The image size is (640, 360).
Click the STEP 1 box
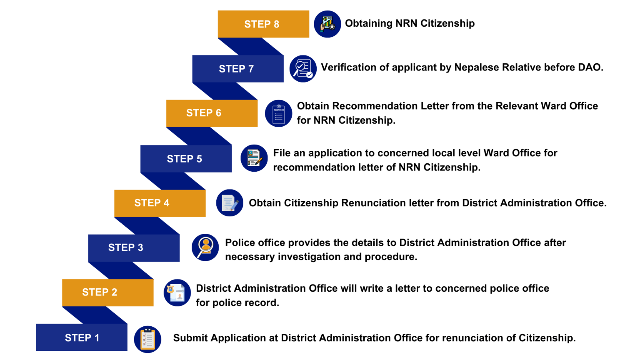(82, 337)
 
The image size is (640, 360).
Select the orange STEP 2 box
(107, 292)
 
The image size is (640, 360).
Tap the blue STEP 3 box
(134, 248)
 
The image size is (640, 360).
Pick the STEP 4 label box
(160, 203)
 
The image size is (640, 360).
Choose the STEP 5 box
(186, 159)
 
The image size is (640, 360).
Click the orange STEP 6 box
(212, 113)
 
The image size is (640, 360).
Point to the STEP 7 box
(238, 69)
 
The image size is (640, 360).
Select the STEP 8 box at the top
(263, 24)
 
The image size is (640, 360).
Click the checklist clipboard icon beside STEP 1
(147, 339)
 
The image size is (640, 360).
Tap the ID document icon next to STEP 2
(177, 292)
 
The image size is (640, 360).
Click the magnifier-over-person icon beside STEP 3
(205, 247)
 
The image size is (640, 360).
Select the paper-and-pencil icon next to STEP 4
(230, 203)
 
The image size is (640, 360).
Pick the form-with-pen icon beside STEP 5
(254, 158)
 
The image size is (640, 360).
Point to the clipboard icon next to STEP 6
(279, 113)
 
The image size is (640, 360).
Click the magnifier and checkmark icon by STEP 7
(303, 69)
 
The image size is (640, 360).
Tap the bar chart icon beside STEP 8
(327, 24)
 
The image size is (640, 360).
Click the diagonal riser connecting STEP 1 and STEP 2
(95, 315)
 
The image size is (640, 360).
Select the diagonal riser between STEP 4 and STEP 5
(173, 181)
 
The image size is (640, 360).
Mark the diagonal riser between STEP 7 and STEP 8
(251, 47)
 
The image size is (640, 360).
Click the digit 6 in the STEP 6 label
(218, 113)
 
